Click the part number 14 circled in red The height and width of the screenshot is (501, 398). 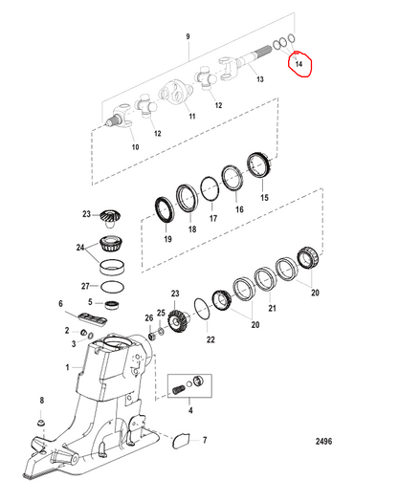298,64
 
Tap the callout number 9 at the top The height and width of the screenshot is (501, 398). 188,36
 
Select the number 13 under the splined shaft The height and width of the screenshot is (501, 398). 260,79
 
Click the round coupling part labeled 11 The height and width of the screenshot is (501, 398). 175,93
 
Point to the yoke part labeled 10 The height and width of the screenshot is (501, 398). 122,117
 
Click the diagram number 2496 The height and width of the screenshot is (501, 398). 323,442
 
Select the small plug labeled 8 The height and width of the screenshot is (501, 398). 41,423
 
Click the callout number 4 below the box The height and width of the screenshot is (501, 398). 190,410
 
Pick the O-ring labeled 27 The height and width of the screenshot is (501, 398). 112,287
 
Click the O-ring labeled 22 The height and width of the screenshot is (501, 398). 203,309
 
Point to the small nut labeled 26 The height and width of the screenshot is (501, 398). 152,337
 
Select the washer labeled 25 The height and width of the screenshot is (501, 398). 161,331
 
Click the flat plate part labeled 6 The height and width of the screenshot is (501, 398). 93,319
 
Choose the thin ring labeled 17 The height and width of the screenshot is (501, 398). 210,189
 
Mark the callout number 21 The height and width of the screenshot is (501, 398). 272,308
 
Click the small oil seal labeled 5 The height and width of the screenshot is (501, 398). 112,305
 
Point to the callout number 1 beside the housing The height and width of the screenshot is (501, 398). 68,367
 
